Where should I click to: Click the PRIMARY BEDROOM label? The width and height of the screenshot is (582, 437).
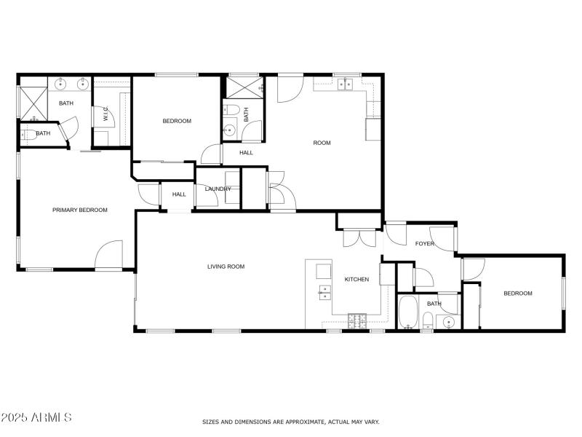pyautogui.click(x=80, y=210)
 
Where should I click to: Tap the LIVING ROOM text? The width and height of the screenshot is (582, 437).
pyautogui.click(x=226, y=267)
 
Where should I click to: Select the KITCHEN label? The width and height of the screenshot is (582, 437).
pyautogui.click(x=356, y=279)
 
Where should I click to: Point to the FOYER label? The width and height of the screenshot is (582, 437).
pyautogui.click(x=425, y=243)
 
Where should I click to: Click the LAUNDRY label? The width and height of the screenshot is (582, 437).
pyautogui.click(x=218, y=189)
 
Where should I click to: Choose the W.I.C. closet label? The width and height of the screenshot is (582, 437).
pyautogui.click(x=105, y=115)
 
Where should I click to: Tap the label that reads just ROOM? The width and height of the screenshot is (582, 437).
pyautogui.click(x=322, y=143)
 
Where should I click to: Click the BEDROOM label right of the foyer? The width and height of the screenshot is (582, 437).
pyautogui.click(x=518, y=294)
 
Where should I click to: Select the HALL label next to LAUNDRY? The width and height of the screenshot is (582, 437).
pyautogui.click(x=179, y=194)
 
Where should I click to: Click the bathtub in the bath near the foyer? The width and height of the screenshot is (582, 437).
pyautogui.click(x=408, y=312)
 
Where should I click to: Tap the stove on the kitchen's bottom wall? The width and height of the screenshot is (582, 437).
pyautogui.click(x=358, y=320)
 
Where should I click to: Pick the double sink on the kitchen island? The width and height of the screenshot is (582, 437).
pyautogui.click(x=324, y=292)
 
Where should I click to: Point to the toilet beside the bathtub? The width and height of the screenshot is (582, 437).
pyautogui.click(x=429, y=320)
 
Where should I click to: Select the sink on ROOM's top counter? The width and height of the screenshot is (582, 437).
pyautogui.click(x=344, y=84)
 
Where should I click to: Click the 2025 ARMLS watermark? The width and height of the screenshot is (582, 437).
pyautogui.click(x=36, y=417)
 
